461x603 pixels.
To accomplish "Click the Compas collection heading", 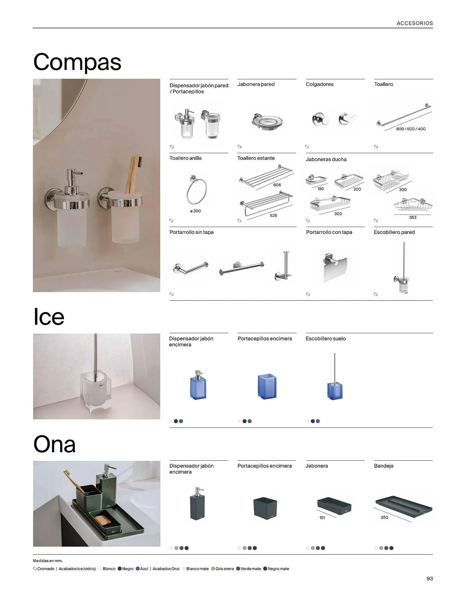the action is click(x=77, y=62).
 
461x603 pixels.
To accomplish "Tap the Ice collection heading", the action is click(x=49, y=317).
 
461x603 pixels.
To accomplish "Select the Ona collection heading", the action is click(x=54, y=444).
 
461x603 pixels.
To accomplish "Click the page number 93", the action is click(x=430, y=579).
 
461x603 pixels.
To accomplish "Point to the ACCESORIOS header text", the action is click(x=415, y=23).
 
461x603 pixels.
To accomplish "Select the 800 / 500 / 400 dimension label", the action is click(x=411, y=129).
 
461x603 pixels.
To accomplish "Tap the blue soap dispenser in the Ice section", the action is click(x=198, y=384).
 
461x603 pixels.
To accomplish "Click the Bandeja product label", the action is click(x=383, y=466).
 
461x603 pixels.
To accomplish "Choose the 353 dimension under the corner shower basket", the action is click(x=412, y=217).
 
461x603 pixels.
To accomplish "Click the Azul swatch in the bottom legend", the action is click(x=138, y=569).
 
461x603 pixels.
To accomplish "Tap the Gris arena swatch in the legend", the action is click(x=213, y=569).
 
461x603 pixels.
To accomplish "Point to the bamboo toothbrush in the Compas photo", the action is click(x=132, y=174).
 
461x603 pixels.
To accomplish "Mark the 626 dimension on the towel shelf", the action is click(x=273, y=216).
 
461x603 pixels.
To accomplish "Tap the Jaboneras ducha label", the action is click(x=326, y=159).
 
